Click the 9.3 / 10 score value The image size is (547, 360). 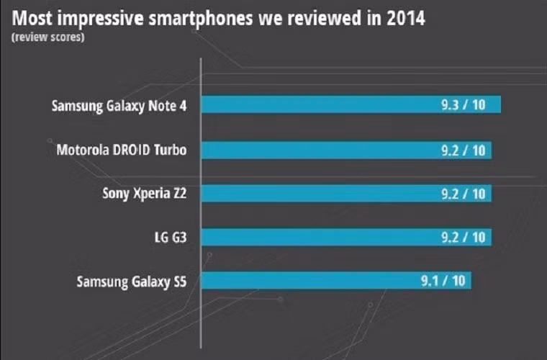464,105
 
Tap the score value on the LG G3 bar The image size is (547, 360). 463,237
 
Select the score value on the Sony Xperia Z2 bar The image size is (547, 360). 463,194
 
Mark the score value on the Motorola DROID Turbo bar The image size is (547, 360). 463,150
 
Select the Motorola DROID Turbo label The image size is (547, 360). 122,150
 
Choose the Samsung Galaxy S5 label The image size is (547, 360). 132,281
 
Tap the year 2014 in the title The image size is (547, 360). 404,17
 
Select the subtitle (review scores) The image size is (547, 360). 47,37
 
